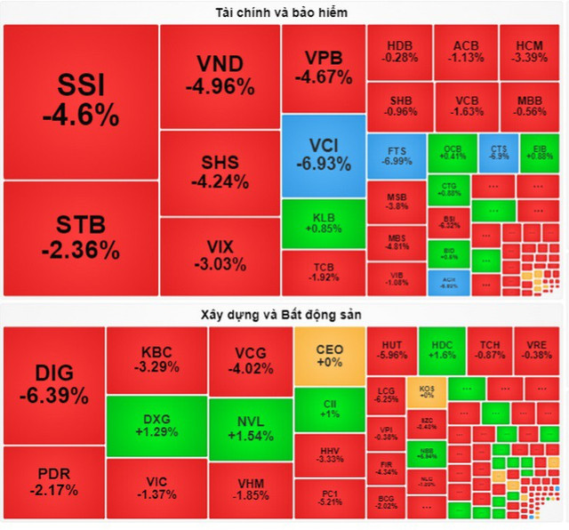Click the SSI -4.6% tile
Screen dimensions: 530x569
pyautogui.click(x=81, y=101)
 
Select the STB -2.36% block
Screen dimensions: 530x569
pyautogui.click(x=81, y=237)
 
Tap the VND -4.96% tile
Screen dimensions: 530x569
pyautogui.click(x=220, y=76)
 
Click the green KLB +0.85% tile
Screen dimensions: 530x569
pyautogui.click(x=324, y=222)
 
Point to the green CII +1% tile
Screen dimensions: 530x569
pyautogui.click(x=329, y=409)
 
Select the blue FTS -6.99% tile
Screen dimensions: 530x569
pyautogui.click(x=395, y=156)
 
